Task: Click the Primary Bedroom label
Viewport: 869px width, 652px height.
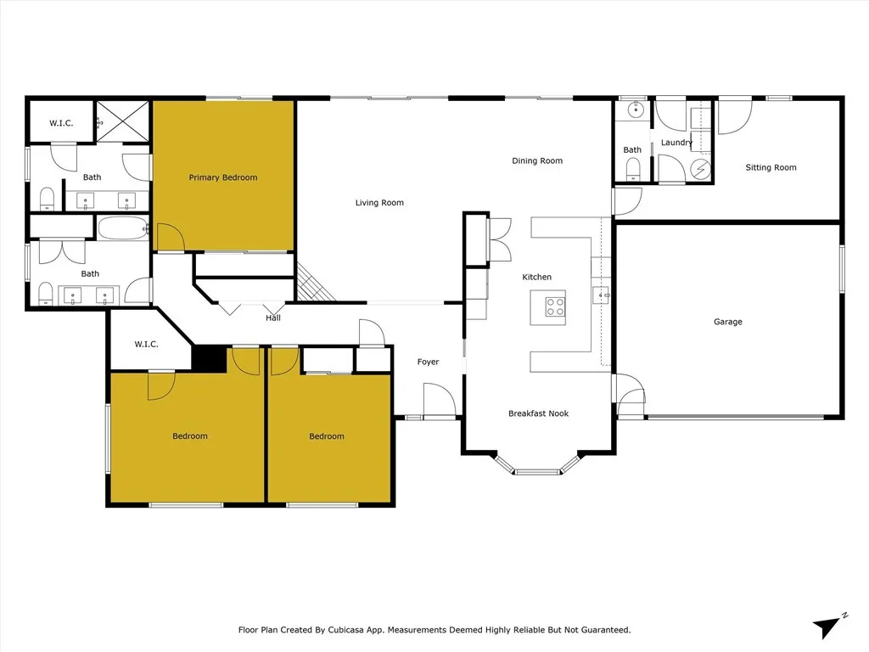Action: pos(222,177)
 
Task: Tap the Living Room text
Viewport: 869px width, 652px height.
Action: pos(379,203)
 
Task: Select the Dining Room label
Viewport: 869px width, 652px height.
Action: pos(537,160)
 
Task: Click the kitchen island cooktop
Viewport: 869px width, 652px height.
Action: pos(555,306)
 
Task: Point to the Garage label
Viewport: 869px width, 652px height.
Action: pos(727,322)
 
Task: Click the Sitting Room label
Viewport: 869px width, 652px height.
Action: pos(771,167)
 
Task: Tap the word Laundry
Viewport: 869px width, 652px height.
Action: pos(676,143)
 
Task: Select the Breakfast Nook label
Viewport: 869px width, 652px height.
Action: pos(538,413)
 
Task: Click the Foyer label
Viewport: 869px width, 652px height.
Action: pos(428,362)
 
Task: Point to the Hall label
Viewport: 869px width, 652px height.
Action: pos(272,318)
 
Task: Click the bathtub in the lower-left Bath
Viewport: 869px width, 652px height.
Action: pos(123,228)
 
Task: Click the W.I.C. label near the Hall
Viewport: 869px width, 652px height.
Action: pos(146,344)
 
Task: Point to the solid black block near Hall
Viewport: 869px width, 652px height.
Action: pos(209,357)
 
